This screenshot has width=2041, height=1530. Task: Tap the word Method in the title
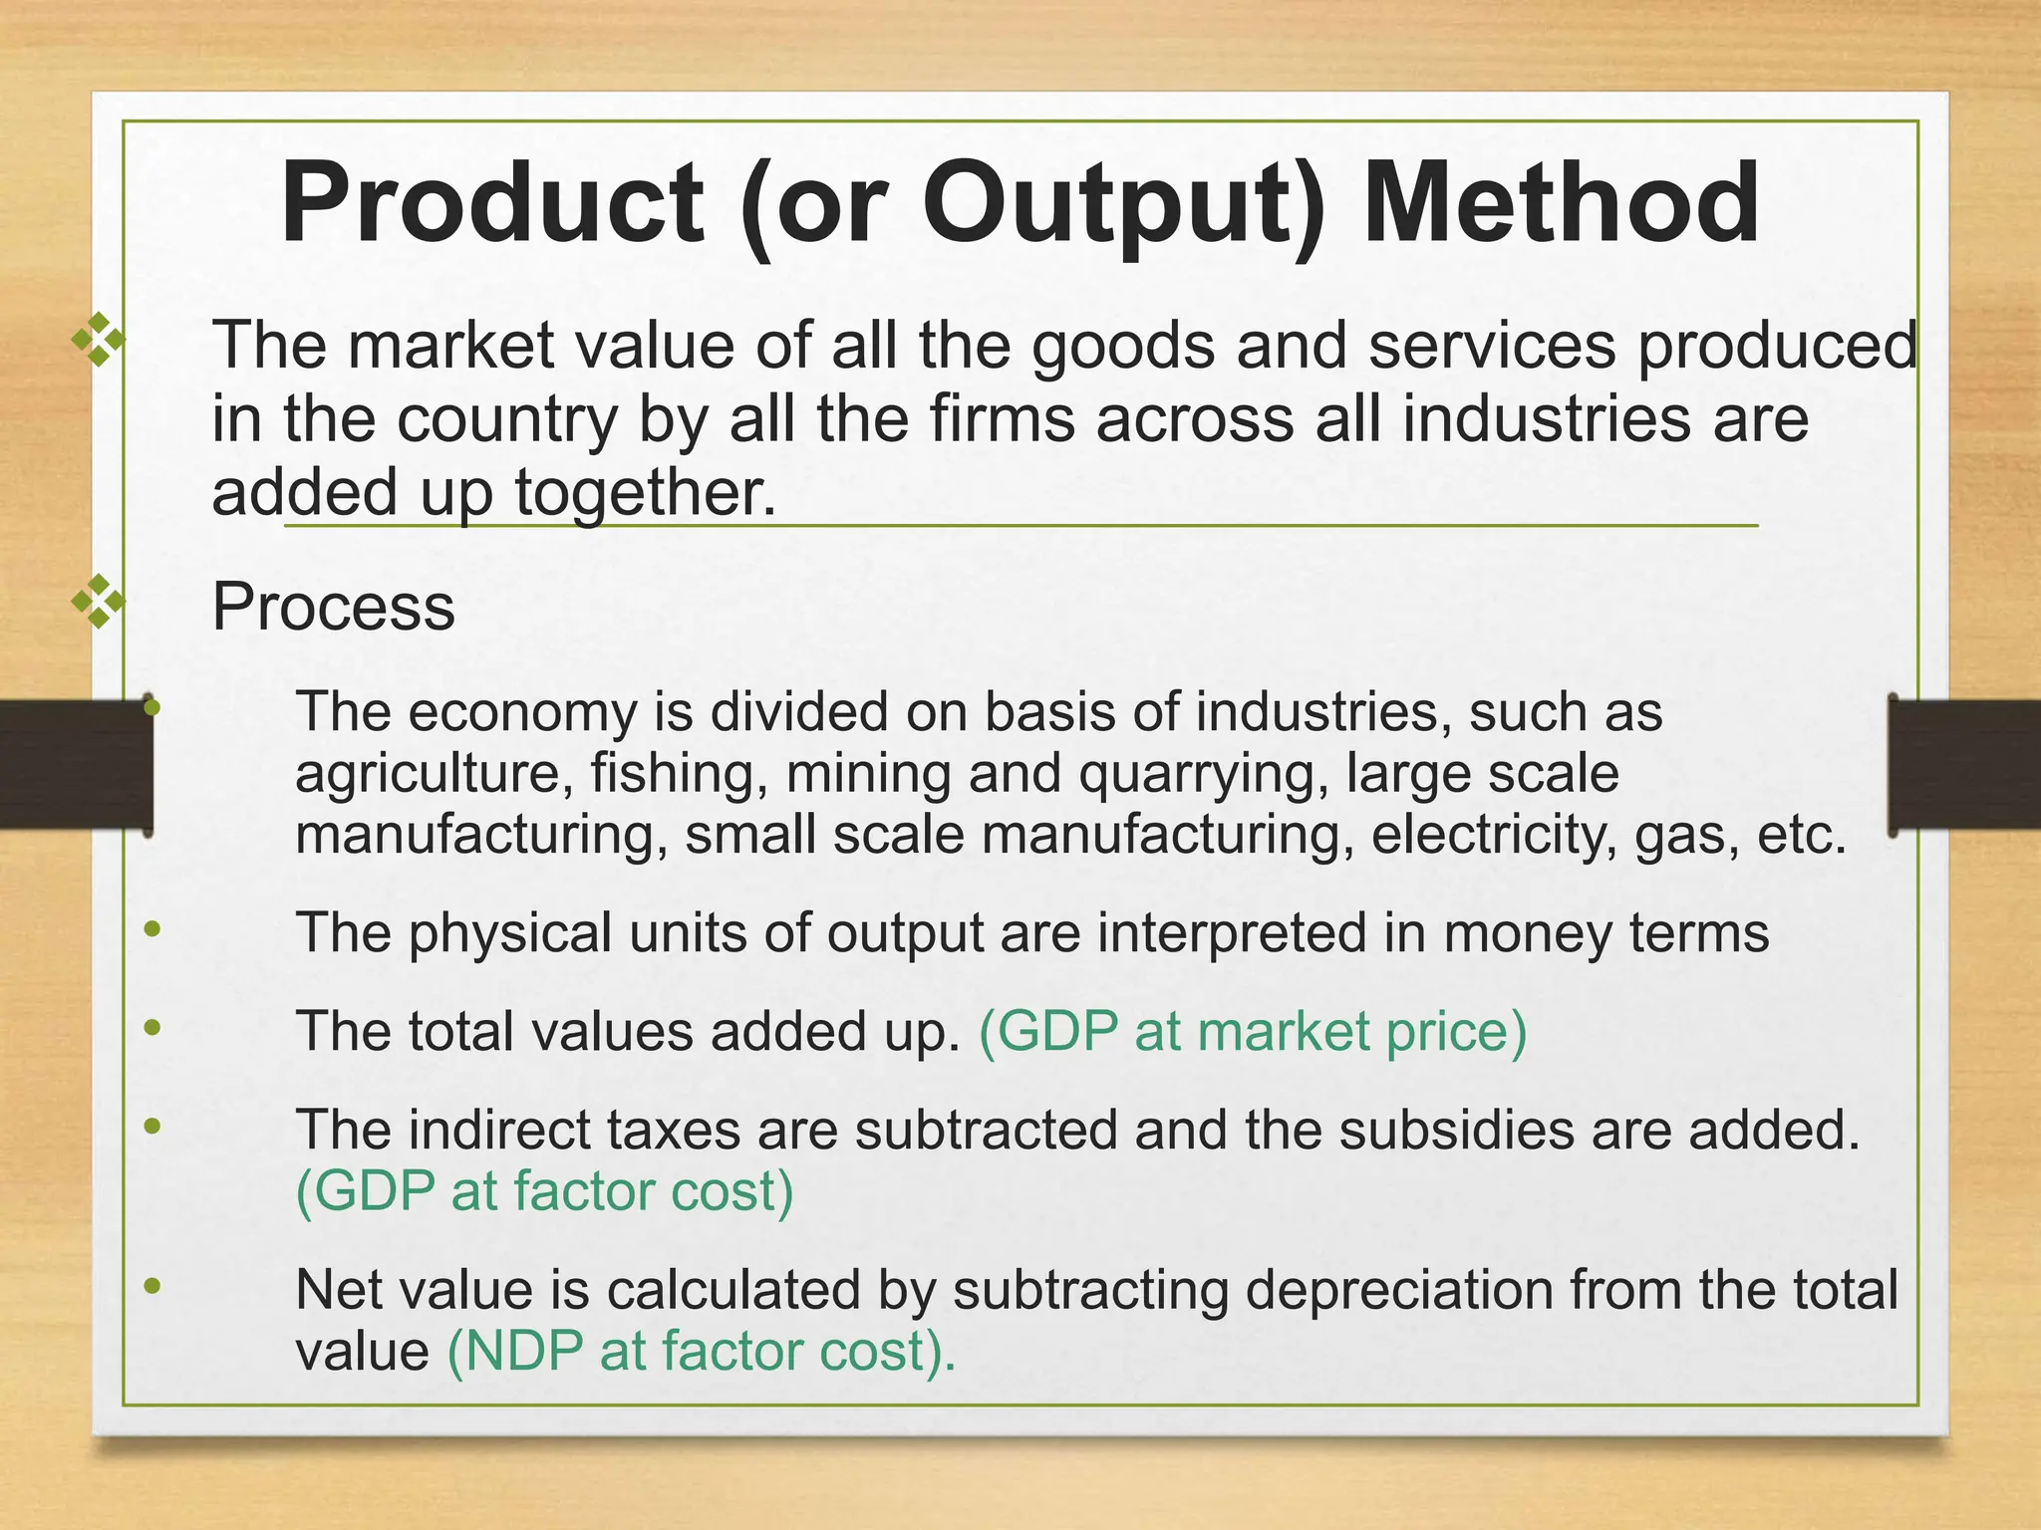(1561, 204)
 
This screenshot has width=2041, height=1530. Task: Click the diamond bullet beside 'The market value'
(99, 340)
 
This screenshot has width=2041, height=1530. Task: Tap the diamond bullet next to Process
(99, 601)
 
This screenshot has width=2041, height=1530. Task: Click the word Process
(333, 607)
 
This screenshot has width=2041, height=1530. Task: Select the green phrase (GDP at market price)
(1253, 1031)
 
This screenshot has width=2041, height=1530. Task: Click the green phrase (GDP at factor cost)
(544, 1190)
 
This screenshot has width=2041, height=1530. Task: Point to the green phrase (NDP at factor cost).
(701, 1352)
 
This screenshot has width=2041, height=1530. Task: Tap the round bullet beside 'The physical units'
(151, 929)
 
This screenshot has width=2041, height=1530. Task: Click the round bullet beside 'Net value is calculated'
(151, 1286)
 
